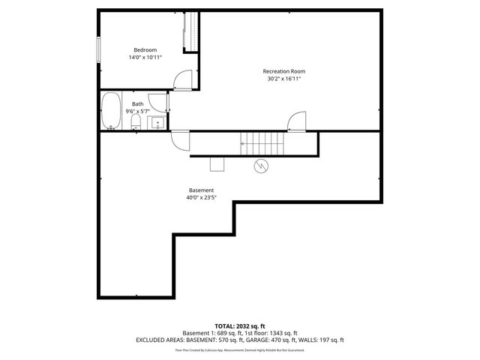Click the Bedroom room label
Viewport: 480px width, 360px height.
coord(145,49)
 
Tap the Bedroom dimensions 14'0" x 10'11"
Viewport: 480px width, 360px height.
coord(145,57)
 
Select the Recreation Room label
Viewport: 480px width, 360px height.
coord(284,71)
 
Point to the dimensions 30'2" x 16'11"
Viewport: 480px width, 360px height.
coord(284,79)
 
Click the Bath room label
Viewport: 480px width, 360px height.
coord(138,104)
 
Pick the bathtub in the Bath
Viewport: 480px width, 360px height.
coord(112,111)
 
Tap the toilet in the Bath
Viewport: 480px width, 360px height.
coord(136,121)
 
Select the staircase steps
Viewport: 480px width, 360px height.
coord(259,141)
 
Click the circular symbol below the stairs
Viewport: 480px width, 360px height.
coord(261,166)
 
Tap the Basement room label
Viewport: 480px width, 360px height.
coord(201,190)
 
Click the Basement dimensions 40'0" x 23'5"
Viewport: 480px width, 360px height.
coord(201,198)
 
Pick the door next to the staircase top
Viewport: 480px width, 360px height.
coord(297,121)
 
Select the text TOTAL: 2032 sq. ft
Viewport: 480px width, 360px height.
coord(240,326)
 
